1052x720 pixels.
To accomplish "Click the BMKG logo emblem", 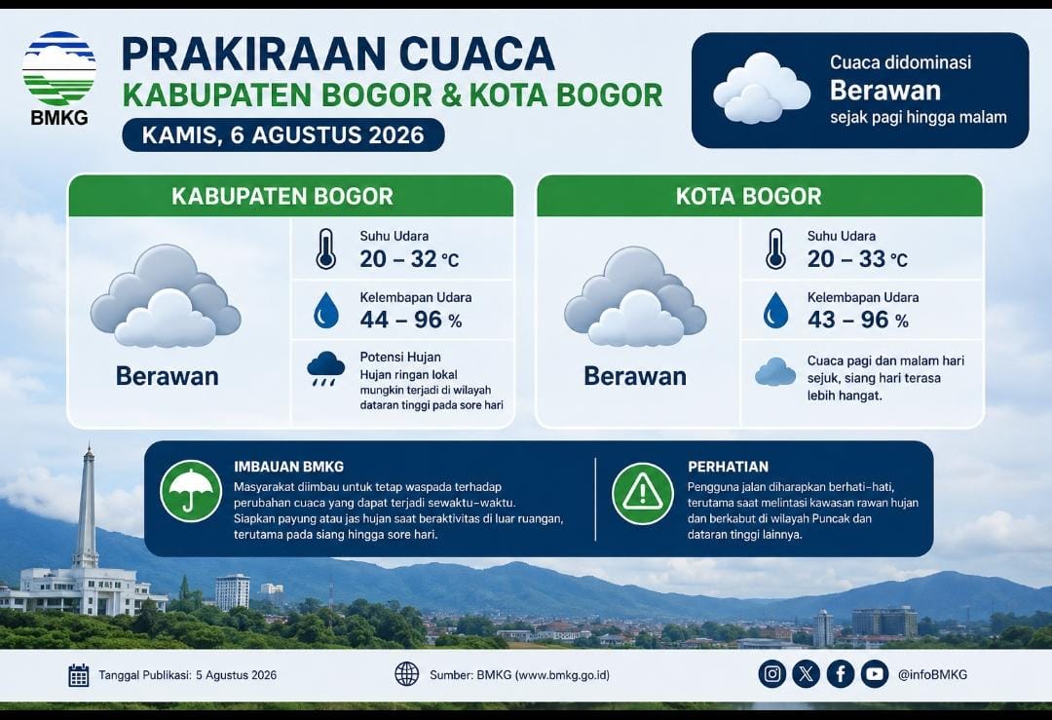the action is pos(59,68).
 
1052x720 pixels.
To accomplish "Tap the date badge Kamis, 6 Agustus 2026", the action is pos(283,134).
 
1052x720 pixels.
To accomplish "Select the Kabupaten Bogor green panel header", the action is pos(290,196).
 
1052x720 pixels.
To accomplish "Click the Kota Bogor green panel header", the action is pos(760,196).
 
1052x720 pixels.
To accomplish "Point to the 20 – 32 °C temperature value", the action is pos(409,259).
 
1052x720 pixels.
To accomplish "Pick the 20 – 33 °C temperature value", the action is pos(857,259).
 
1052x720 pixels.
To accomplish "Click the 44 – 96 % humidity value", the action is pos(411,320).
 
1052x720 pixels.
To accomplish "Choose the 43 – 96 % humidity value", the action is pos(858,320).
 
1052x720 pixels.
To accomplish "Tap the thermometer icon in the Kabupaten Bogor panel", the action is pos(326,249).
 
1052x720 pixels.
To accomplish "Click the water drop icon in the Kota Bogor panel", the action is pos(775,310).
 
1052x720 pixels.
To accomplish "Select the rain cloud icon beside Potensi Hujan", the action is pos(325,368).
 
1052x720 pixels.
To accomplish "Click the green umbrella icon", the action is pos(191,491).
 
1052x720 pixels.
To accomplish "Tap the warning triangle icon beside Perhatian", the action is pos(643,493).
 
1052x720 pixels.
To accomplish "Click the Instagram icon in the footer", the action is pos(772,673).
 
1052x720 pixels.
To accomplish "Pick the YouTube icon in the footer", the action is pos(874,673).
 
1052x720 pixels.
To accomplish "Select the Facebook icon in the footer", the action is pos(840,673).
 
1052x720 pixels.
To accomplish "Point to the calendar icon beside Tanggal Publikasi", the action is pos(79,675).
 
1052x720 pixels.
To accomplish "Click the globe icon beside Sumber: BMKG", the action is pos(406,673).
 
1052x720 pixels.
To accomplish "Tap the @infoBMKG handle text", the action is pos(932,674).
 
